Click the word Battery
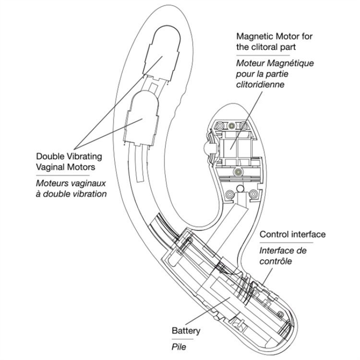[x=186, y=331]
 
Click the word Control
[x=273, y=235]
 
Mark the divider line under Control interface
[x=286, y=243]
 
